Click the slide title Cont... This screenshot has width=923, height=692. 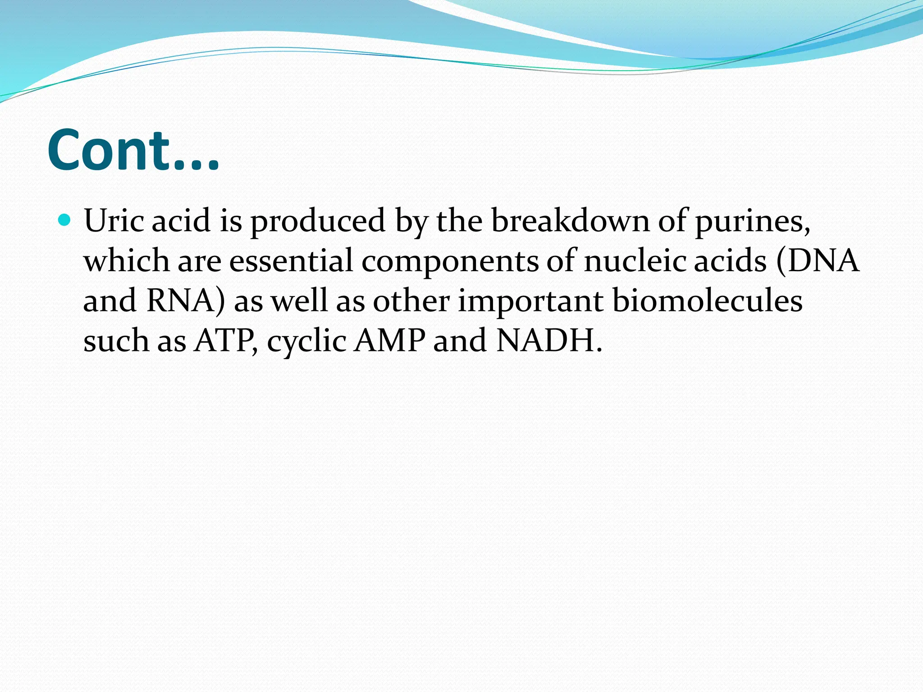point(133,150)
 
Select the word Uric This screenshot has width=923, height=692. point(114,221)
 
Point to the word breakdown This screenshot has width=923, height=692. point(571,221)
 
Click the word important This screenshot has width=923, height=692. point(530,301)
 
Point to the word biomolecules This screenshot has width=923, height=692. point(707,300)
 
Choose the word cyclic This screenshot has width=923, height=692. point(306,341)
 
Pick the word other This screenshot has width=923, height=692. point(411,300)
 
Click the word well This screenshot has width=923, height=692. point(299,300)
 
